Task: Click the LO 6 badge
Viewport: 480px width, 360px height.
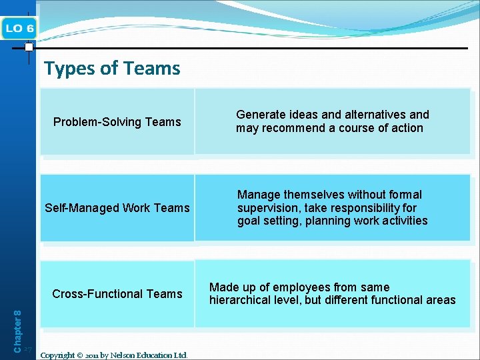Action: coord(20,28)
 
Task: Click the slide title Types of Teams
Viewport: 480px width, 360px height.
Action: coord(112,68)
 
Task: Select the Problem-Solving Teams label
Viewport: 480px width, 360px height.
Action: coord(117,122)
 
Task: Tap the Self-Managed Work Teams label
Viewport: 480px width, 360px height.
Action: coord(117,208)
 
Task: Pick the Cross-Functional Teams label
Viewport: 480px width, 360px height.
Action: coord(117,294)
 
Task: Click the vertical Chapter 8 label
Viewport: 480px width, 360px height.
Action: coord(18,322)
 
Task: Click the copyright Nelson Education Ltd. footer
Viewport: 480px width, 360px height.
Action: coord(114,355)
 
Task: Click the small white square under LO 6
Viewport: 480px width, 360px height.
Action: coord(29,47)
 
